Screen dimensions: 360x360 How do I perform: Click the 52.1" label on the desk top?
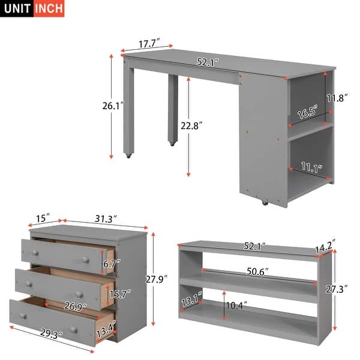208,61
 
